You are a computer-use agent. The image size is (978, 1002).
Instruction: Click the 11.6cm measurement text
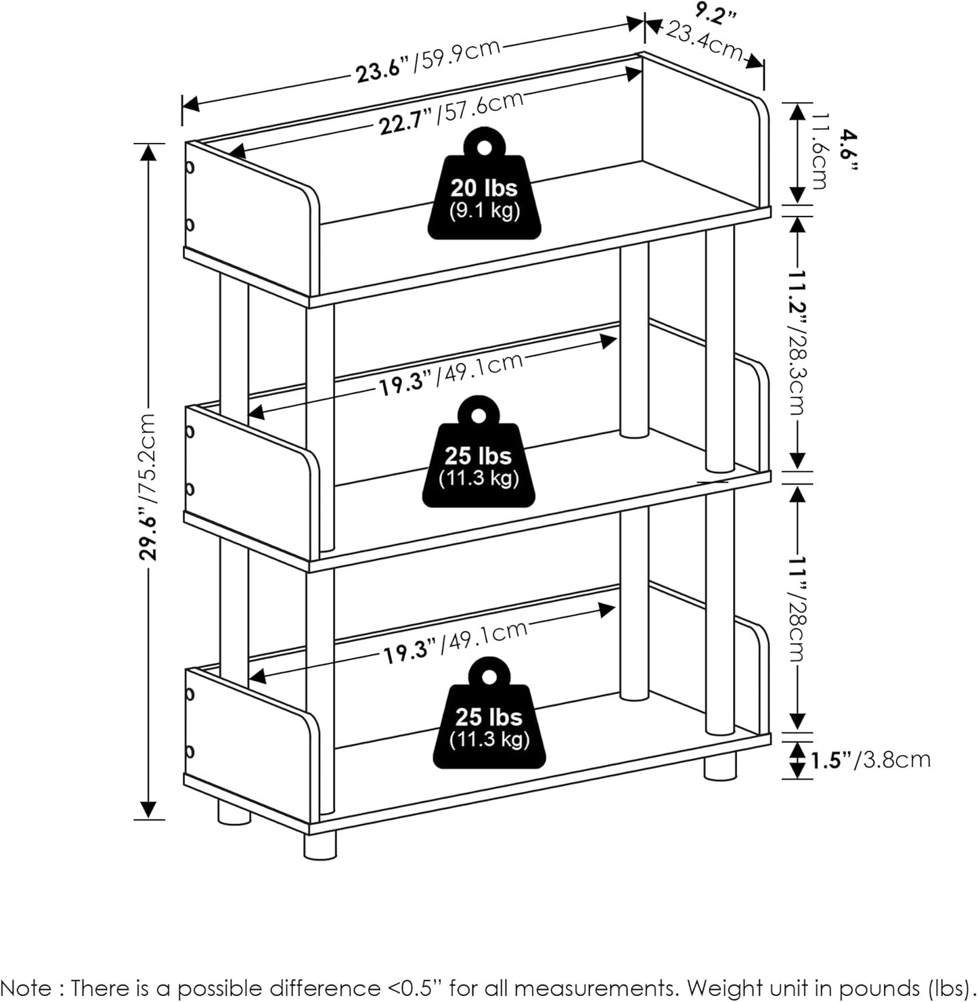click(x=818, y=152)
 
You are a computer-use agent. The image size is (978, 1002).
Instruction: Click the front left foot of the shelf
click(x=319, y=846)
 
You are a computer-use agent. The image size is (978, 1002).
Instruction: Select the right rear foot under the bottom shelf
click(x=719, y=767)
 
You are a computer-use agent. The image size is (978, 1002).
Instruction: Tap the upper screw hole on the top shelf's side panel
click(x=190, y=167)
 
